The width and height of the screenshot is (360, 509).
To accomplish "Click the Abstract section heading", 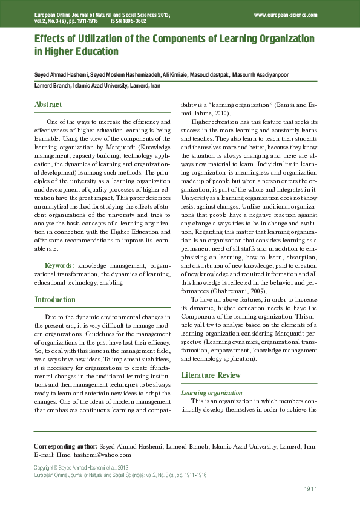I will [48, 105].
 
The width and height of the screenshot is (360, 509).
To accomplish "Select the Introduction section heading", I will [55, 299].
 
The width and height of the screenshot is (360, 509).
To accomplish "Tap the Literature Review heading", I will [211, 375].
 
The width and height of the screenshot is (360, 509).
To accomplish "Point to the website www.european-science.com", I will [286, 13].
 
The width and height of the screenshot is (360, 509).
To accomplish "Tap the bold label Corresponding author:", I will [65, 446].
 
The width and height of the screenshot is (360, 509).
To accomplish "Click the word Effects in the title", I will [51, 39].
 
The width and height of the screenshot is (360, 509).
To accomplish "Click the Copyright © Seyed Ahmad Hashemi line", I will [81, 468].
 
